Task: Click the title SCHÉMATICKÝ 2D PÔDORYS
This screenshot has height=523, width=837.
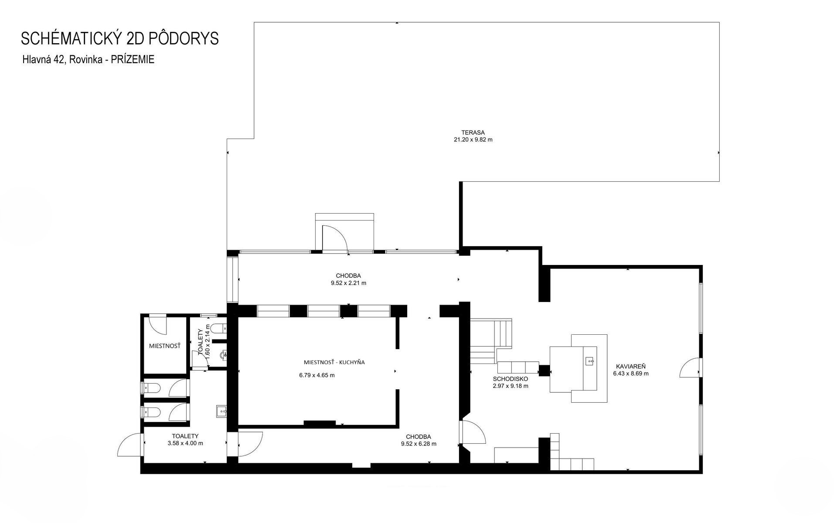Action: coord(120,38)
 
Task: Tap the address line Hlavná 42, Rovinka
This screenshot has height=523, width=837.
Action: coord(63,60)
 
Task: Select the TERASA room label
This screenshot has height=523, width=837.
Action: coord(473,132)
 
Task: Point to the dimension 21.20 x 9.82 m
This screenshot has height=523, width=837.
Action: coord(473,140)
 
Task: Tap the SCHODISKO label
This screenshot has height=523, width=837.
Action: coord(510,379)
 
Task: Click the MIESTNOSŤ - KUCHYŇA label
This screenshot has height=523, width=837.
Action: coord(334,362)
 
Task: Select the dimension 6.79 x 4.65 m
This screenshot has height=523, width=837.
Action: coord(317,375)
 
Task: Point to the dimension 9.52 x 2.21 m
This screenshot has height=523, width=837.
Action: coord(348,283)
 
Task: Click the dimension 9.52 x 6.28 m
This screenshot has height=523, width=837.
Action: coord(418,444)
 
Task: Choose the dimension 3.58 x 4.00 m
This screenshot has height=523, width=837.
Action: coord(185,443)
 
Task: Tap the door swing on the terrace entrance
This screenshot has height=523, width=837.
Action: coord(335,239)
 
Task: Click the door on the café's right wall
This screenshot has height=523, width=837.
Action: coord(690,368)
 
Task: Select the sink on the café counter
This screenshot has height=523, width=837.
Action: coord(590,361)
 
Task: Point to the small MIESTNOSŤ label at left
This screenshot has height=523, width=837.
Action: coord(165,346)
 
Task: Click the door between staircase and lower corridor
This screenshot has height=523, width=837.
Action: coord(473,432)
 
